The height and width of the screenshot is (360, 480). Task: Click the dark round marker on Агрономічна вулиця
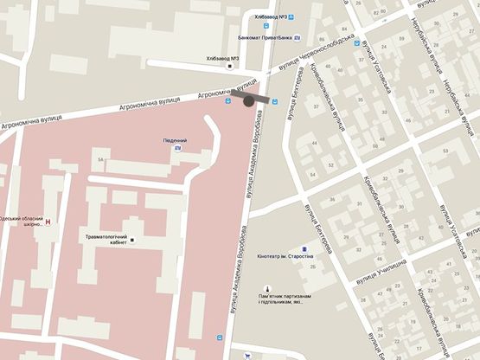pyautogui.click(x=250, y=101)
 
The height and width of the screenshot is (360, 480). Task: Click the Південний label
pyautogui.click(x=175, y=140)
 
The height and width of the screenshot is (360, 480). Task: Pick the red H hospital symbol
pyautogui.click(x=48, y=222)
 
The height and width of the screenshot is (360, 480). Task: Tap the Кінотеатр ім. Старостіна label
pyautogui.click(x=285, y=257)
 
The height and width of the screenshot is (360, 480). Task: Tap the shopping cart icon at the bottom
pyautogui.click(x=247, y=356)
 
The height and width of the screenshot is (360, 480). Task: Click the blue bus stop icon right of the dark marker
pyautogui.click(x=275, y=101)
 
